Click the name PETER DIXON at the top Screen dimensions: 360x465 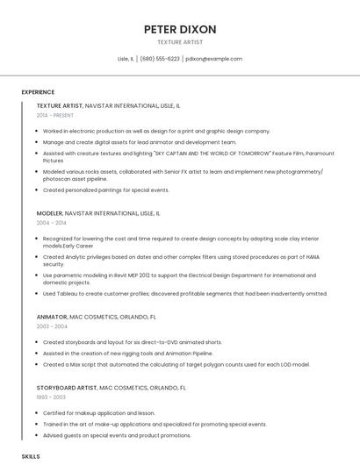click(180, 29)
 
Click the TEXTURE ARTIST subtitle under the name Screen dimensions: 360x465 click(180, 42)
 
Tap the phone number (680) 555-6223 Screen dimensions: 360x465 click(160, 59)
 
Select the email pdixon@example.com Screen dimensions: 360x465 click(213, 59)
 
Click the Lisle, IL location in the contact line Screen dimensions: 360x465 click(126, 59)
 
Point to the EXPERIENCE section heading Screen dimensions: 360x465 click(38, 92)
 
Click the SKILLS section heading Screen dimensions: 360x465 click(31, 457)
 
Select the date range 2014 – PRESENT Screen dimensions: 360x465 click(55, 115)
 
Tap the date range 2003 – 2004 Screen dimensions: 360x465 click(52, 326)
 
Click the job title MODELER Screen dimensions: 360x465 click(49, 213)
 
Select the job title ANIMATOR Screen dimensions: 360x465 click(51, 316)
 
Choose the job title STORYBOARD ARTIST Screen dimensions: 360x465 click(67, 387)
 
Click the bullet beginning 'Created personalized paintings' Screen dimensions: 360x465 click(105, 190)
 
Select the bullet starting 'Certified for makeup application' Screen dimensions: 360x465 click(98, 413)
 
